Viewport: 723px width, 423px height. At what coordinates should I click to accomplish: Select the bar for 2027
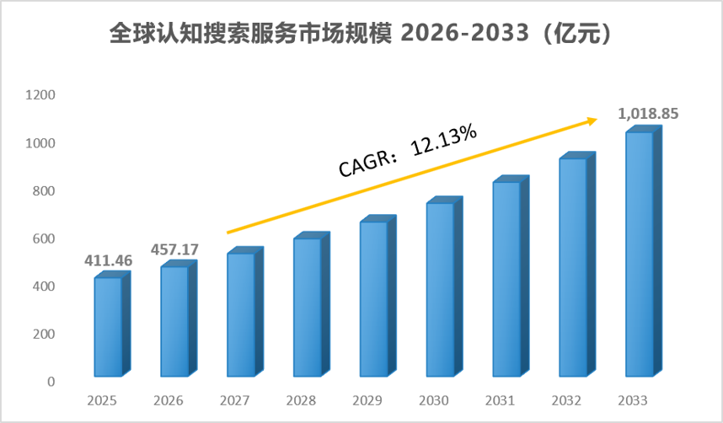(x=245, y=312)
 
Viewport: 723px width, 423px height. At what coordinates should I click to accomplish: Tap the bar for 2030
(x=444, y=286)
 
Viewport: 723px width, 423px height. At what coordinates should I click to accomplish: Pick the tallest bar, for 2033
(x=644, y=251)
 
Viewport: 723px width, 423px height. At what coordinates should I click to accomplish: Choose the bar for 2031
(x=511, y=276)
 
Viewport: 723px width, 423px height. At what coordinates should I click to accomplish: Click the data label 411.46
(x=109, y=260)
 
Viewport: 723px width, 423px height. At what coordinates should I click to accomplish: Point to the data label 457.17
(x=174, y=249)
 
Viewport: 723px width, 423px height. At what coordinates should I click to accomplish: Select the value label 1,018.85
(x=648, y=114)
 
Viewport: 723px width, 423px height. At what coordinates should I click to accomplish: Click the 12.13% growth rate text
(x=443, y=140)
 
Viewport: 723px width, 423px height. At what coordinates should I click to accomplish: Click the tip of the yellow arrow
(x=597, y=120)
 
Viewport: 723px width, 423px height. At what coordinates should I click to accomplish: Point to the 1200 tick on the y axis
(x=40, y=95)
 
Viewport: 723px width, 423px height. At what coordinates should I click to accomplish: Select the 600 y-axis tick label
(x=44, y=239)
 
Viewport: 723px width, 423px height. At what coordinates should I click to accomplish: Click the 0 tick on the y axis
(x=51, y=382)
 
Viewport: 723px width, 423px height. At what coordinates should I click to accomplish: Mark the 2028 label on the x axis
(x=301, y=400)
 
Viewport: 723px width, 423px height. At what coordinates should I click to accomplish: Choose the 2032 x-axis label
(x=566, y=400)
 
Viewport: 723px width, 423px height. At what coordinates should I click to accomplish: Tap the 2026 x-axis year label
(x=169, y=400)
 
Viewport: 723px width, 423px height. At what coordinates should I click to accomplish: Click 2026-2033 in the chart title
(x=464, y=33)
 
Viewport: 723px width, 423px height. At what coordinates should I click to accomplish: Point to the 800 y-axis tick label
(x=44, y=191)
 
